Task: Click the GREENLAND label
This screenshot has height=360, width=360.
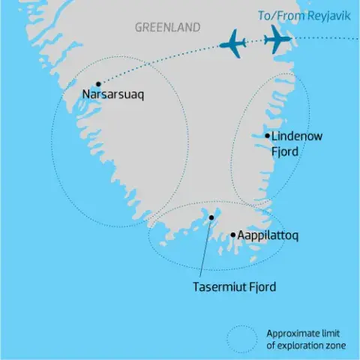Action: click(x=167, y=28)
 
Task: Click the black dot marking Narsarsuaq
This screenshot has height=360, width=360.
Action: click(x=98, y=84)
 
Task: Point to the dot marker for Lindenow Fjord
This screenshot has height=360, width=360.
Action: click(x=268, y=136)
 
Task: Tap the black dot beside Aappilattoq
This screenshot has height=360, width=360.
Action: click(x=233, y=235)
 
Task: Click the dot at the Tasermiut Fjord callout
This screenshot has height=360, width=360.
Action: click(x=211, y=217)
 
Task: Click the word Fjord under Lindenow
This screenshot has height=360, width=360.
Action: click(x=285, y=151)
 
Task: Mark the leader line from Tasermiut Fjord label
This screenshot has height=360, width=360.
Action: click(x=207, y=247)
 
